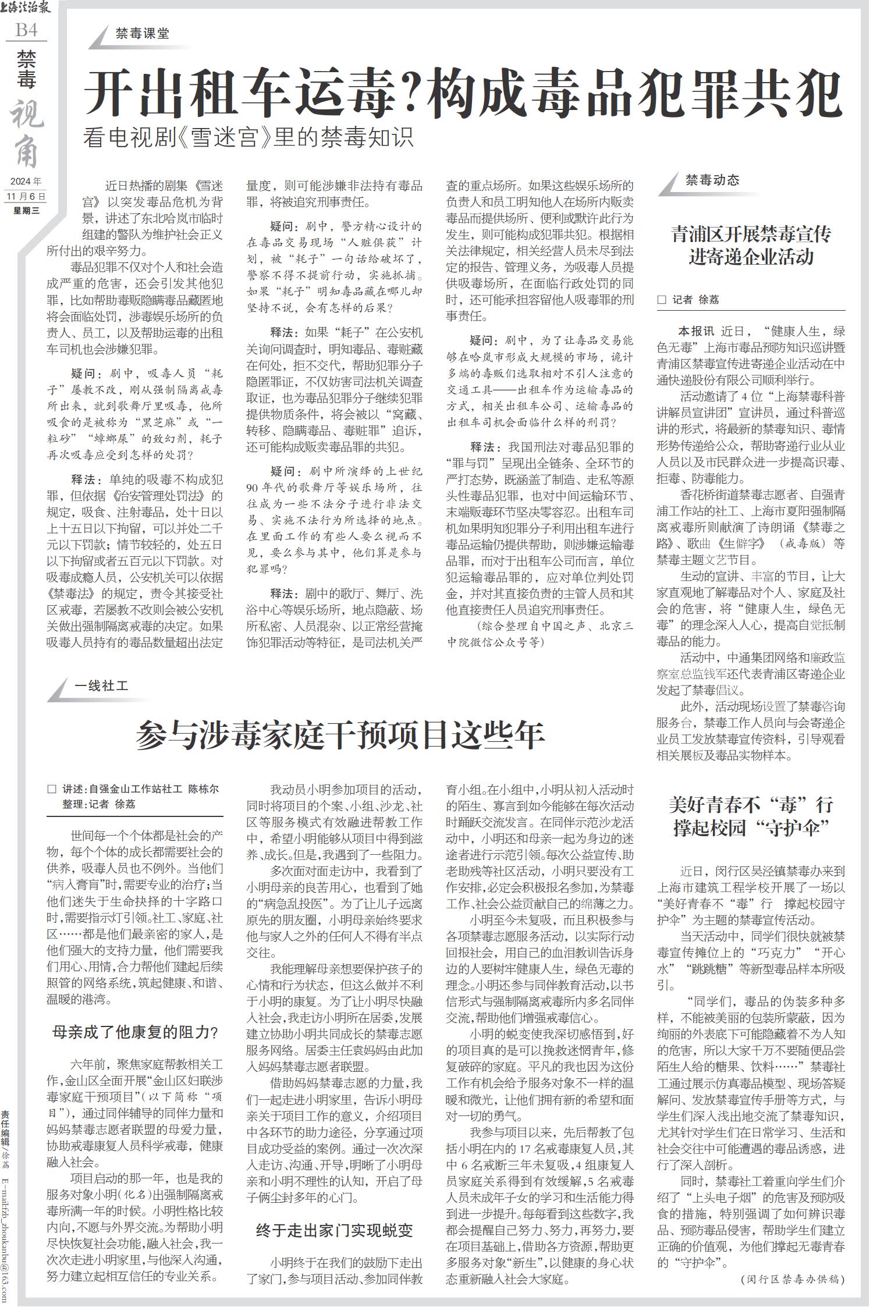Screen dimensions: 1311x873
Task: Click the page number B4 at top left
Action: pyautogui.click(x=26, y=30)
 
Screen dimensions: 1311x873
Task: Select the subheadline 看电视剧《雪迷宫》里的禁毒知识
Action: pyautogui.click(x=249, y=138)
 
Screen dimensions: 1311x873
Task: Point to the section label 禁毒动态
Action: pyautogui.click(x=712, y=180)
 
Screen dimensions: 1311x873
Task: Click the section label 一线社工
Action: pyautogui.click(x=101, y=686)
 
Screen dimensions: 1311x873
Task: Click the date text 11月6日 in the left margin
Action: pyautogui.click(x=26, y=196)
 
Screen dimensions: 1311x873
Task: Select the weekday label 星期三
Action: pyautogui.click(x=26, y=210)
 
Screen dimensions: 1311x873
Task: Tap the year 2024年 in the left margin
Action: pyautogui.click(x=26, y=182)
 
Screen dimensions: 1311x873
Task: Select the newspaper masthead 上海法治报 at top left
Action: pyautogui.click(x=29, y=9)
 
